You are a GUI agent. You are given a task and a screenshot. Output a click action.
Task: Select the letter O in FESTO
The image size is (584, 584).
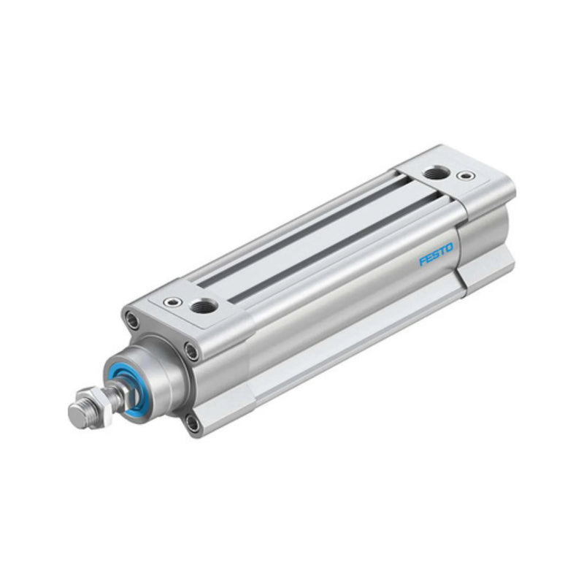click(x=449, y=248)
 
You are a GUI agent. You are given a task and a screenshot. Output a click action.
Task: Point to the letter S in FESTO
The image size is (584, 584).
click(x=436, y=255)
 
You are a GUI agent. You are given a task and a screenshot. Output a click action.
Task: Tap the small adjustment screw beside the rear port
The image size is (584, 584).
click(x=464, y=176)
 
